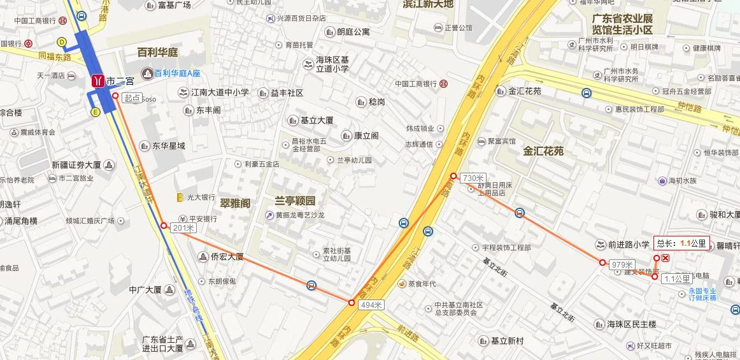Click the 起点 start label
pyautogui.click(x=132, y=98)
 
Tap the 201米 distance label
pyautogui.click(x=182, y=228)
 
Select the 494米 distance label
pyautogui.click(x=371, y=305)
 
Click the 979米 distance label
pyautogui.click(x=622, y=264)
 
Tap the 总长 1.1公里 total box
pyautogui.click(x=681, y=243)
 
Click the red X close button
pyautogui.click(x=665, y=258)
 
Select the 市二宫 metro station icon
pyautogui.click(x=98, y=81)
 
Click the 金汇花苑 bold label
pyautogui.click(x=544, y=152)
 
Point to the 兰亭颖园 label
pyautogui.click(x=295, y=201)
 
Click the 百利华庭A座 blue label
pyautogui.click(x=178, y=74)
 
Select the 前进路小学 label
pyautogui.click(x=628, y=244)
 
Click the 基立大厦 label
pyautogui.click(x=317, y=120)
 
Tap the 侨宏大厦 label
pyautogui.click(x=227, y=257)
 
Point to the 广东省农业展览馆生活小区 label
pyautogui.click(x=622, y=24)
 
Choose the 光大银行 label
pyautogui.click(x=201, y=198)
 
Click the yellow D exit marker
pyautogui.click(x=62, y=42)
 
